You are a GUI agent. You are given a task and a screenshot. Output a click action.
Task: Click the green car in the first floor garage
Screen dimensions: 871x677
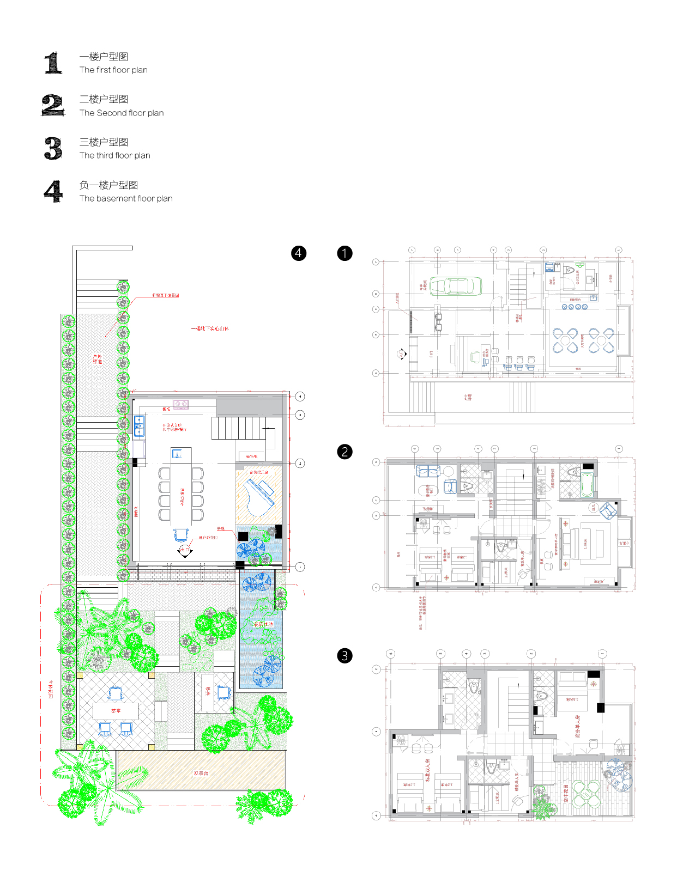click(456, 286)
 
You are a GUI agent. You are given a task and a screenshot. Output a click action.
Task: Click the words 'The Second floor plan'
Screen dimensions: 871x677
click(121, 113)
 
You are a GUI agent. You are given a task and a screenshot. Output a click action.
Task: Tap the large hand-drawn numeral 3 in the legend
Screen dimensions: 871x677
click(53, 148)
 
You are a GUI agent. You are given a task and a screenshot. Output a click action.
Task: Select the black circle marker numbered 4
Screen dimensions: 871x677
click(299, 253)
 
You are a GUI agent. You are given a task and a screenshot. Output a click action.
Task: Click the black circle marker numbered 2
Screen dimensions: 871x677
click(344, 452)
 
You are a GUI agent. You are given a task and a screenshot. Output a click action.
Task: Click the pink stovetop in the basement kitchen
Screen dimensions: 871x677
click(181, 404)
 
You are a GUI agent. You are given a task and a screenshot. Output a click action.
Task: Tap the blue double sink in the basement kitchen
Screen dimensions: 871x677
click(140, 426)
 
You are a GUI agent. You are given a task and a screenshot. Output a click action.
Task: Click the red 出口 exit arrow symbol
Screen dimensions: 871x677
click(185, 551)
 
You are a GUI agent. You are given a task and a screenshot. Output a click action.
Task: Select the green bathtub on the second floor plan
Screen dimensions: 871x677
click(587, 484)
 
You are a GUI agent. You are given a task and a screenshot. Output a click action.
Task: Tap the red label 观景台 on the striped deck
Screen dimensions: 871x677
click(201, 773)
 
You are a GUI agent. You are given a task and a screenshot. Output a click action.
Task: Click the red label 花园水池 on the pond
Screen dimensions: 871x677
click(263, 624)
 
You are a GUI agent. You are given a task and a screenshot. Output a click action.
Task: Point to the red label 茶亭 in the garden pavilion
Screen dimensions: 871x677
click(116, 711)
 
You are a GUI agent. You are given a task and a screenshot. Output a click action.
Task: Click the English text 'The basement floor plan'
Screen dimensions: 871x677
click(126, 198)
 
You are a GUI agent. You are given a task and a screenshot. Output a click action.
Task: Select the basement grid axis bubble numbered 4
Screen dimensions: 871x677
click(300, 397)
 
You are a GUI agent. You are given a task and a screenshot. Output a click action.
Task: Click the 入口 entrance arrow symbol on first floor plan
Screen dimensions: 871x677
click(401, 354)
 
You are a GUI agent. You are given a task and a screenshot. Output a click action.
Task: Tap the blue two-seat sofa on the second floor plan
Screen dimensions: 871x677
click(428, 471)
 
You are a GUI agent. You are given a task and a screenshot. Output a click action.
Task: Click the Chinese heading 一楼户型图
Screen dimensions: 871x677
click(104, 57)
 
